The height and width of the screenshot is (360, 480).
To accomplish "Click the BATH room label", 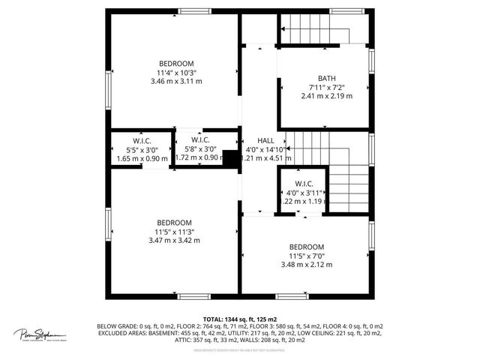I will pyautogui.click(x=327, y=78).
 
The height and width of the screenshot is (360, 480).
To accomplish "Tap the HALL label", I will pyautogui.click(x=265, y=141).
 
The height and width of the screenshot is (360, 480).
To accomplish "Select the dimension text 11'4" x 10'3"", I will pyautogui.click(x=176, y=72).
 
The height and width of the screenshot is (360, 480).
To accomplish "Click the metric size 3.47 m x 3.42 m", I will pyautogui.click(x=174, y=241).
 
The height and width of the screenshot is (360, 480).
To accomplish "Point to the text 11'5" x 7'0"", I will pyautogui.click(x=306, y=256).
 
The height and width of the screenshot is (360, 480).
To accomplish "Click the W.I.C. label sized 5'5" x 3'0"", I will pyautogui.click(x=142, y=140).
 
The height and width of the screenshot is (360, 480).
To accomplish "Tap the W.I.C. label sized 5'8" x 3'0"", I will pyautogui.click(x=200, y=139).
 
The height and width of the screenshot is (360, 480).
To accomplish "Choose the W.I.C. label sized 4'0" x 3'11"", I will pyautogui.click(x=304, y=184).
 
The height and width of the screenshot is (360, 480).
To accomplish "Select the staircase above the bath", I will pyautogui.click(x=315, y=33).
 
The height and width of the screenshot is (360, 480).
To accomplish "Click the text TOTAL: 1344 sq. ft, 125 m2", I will pyautogui.click(x=240, y=319).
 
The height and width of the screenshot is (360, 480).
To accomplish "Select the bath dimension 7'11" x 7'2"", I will pyautogui.click(x=327, y=87).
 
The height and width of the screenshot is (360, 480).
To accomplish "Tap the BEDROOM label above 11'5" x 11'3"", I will pyautogui.click(x=174, y=223).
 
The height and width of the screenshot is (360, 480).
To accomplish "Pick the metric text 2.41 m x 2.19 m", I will pyautogui.click(x=327, y=96).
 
